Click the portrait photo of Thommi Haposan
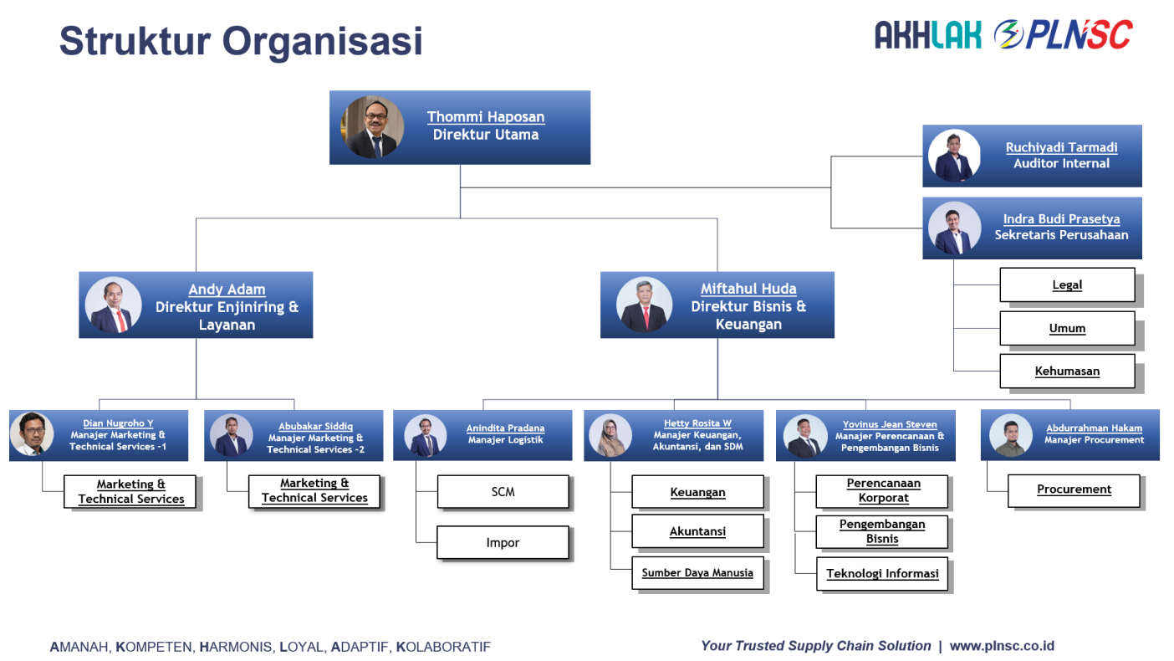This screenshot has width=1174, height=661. (x=372, y=127)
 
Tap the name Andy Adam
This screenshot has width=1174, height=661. (x=227, y=290)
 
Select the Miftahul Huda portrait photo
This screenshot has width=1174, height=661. (x=644, y=305)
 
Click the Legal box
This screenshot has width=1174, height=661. (x=1067, y=284)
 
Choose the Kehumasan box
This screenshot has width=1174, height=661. (x=1067, y=371)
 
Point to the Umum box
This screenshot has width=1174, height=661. (x=1067, y=328)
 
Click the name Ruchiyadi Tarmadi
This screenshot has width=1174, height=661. (x=1061, y=147)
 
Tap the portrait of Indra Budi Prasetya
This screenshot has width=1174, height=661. (x=954, y=228)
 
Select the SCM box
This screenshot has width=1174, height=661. (x=503, y=492)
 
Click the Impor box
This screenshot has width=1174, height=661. (x=503, y=542)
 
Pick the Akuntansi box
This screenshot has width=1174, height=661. (x=697, y=531)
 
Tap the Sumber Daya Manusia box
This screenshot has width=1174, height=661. (x=697, y=573)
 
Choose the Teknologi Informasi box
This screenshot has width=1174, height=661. (x=882, y=574)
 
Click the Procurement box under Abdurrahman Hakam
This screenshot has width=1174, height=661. (x=1074, y=489)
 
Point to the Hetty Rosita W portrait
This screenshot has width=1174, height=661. (x=610, y=435)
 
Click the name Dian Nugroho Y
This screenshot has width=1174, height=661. (x=118, y=423)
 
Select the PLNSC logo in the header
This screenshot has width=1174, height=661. (x=1063, y=35)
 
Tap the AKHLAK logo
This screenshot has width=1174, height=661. (x=927, y=35)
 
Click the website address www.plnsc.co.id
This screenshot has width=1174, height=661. (x=1002, y=646)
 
